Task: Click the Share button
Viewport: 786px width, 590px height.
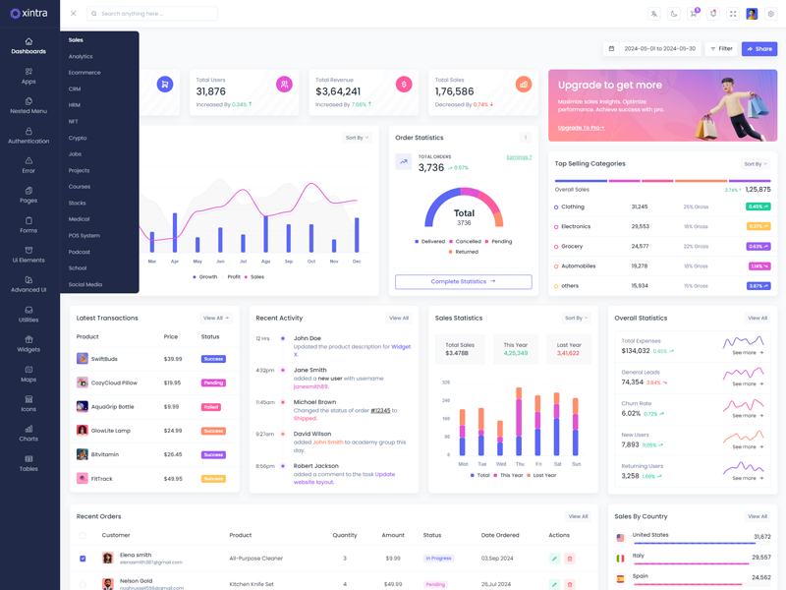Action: coord(758,48)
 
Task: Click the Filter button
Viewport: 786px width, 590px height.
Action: coord(721,48)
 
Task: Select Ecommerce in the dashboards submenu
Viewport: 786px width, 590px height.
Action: coord(84,73)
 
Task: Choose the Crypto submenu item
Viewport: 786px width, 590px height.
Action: coord(78,138)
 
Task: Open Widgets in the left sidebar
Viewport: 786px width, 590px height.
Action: coord(28,343)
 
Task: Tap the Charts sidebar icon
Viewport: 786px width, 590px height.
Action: coord(28,433)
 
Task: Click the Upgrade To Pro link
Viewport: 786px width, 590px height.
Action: coord(581,128)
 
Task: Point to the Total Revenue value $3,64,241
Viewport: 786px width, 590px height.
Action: coord(337,91)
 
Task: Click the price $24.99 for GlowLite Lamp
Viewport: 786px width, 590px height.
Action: coord(173,431)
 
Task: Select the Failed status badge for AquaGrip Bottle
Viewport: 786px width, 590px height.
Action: coord(211,407)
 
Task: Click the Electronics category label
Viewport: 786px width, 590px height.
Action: coord(576,226)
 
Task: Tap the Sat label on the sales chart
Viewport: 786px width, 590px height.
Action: coord(557,464)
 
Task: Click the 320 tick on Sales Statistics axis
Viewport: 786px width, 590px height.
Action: coord(446,383)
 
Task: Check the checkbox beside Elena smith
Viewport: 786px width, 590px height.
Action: coord(83,559)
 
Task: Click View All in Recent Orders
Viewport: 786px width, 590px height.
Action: coord(578,516)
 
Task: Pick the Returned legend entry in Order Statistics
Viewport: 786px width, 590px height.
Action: coord(466,252)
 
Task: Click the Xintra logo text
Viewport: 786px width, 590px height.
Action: coord(33,14)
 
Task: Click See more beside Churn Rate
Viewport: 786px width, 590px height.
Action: coord(747,415)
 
